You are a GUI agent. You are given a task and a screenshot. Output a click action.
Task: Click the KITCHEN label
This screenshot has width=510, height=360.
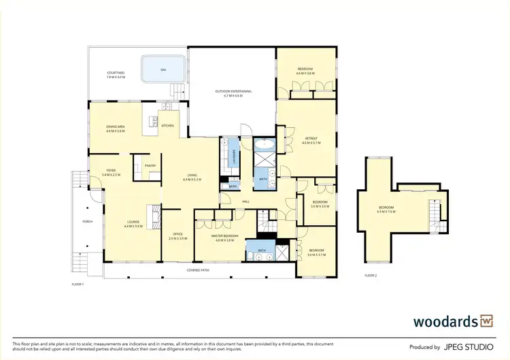(167, 126)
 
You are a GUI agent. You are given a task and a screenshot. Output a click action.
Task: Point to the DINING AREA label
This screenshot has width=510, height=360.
(116, 128)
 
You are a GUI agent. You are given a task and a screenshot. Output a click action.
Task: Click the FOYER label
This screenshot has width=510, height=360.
(111, 173)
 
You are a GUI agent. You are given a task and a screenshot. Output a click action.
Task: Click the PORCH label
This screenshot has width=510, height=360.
(88, 221)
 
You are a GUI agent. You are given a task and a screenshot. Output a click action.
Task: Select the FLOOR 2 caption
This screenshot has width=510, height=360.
(371, 276)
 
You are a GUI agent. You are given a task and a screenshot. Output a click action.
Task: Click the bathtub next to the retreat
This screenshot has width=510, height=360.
(263, 145)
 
